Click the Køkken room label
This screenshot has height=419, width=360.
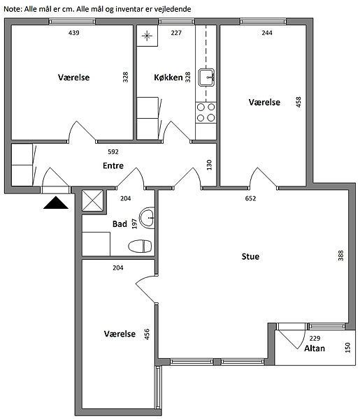(x=168, y=78)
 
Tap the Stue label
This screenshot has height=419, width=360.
(x=250, y=256)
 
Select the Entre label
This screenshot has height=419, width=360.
(x=113, y=166)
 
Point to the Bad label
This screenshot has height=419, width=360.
(x=120, y=224)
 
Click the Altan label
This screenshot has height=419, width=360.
(x=315, y=348)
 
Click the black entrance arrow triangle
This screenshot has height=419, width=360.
(x=56, y=203)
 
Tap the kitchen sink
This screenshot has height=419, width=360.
(x=206, y=78)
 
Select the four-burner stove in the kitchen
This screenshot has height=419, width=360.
(x=206, y=112)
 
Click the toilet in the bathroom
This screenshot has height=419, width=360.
(x=140, y=246)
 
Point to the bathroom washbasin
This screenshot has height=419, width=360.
(x=147, y=218)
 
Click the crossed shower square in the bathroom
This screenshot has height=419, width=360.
(x=92, y=200)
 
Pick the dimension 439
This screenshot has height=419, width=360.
(x=74, y=33)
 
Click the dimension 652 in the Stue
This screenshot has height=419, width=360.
(x=250, y=198)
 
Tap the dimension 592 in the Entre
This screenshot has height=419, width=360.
(x=113, y=152)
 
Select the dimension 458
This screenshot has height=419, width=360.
(x=298, y=102)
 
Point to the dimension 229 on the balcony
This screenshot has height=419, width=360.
(x=315, y=339)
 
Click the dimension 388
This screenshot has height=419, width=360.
(x=340, y=256)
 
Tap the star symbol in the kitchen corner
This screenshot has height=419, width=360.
(x=147, y=36)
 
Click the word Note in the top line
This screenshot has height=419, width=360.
(x=13, y=9)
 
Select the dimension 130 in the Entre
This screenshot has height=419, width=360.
(x=209, y=165)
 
